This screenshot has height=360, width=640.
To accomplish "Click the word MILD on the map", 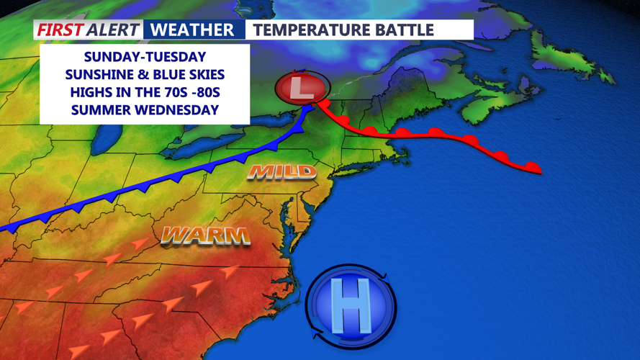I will [x=281, y=171].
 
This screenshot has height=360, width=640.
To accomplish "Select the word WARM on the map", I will [x=205, y=235].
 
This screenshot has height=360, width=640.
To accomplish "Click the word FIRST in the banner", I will [x=59, y=30].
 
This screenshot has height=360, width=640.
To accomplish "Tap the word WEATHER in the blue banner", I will [x=194, y=30].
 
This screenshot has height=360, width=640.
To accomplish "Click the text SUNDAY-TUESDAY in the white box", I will [x=145, y=57].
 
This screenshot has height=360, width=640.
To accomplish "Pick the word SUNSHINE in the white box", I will [x=97, y=75].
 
